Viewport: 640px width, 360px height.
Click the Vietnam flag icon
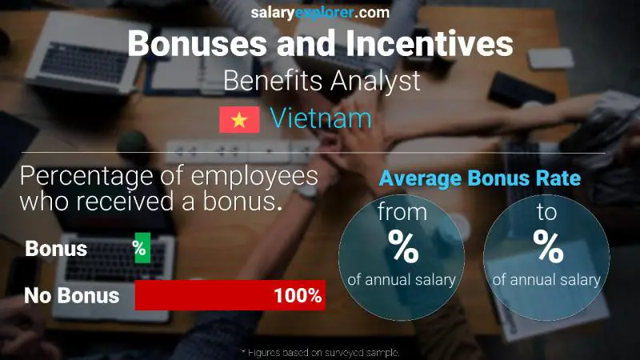click(239, 119)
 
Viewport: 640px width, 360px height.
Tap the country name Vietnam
click(320, 119)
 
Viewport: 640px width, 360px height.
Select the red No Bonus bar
click(229, 296)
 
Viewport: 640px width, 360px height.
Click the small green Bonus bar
click(142, 249)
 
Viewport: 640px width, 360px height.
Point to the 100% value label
click(298, 296)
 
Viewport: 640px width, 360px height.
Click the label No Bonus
click(71, 296)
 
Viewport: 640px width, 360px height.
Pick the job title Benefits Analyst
click(321, 81)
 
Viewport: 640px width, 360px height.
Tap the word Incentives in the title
click(430, 44)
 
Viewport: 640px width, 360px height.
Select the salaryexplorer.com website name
click(320, 12)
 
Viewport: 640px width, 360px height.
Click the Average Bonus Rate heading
click(479, 178)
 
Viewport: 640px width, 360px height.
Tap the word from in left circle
click(402, 214)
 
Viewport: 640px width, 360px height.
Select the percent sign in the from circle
click(402, 247)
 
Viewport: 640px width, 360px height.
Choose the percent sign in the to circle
click(548, 247)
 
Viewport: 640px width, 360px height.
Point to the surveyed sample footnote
click(320, 352)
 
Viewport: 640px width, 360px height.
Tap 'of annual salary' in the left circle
click(402, 280)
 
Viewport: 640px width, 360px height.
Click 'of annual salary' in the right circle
click(547, 280)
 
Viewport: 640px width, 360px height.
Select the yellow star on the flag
click(239, 119)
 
